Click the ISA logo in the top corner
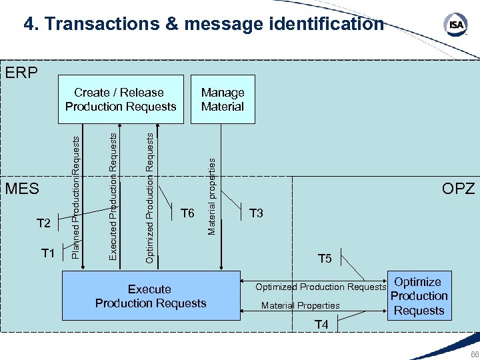pos(455,24)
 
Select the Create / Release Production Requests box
pos(120,100)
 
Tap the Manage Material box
pos(223,100)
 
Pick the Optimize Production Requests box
pos(418,296)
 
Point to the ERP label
pos(21,72)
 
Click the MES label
pos(22,189)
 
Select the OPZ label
pos(459,189)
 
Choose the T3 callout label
pos(256,213)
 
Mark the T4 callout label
pos(321,325)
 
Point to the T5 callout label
pos(325,259)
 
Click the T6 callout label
pos(187,213)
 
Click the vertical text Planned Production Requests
pos(76,196)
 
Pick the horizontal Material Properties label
pos(300,306)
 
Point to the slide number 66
pos(473,354)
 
